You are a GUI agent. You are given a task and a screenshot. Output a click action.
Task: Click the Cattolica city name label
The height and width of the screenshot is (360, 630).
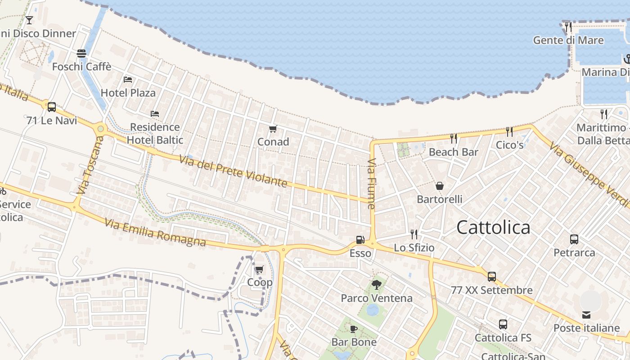click(x=493, y=227)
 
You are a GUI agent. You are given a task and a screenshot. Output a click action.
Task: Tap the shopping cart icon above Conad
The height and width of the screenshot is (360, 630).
click(x=273, y=129)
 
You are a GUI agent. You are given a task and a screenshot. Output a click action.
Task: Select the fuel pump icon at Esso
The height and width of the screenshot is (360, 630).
click(x=360, y=240)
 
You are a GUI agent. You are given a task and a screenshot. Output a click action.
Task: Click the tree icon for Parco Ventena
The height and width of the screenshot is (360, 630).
click(x=376, y=284)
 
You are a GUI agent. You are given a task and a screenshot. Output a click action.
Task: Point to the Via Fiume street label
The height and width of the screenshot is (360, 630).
click(x=371, y=184)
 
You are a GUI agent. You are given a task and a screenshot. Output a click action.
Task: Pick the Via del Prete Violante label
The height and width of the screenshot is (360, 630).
click(x=233, y=171)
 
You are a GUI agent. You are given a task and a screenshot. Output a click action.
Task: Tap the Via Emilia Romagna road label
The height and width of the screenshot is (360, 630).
click(x=155, y=233)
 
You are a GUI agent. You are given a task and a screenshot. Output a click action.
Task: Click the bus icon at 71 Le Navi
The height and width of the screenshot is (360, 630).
click(x=52, y=107)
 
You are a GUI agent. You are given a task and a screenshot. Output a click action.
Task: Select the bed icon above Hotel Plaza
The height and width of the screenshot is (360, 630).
click(x=128, y=80)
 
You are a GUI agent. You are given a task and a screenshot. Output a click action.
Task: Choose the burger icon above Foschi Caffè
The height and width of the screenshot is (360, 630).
click(x=81, y=54)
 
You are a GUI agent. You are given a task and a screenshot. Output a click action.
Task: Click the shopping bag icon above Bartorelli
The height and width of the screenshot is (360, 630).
click(x=439, y=186)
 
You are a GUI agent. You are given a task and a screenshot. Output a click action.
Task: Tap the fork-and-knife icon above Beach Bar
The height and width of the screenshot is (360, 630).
click(x=454, y=139)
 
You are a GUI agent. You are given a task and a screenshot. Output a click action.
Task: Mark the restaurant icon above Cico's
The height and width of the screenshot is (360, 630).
click(x=509, y=131)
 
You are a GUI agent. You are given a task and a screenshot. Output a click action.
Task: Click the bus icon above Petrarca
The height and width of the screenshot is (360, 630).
click(x=574, y=239)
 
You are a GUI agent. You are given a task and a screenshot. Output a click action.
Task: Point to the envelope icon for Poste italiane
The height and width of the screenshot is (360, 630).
click(x=586, y=315)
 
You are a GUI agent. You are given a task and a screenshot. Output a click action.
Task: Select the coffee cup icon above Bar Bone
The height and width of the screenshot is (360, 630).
click(x=354, y=329)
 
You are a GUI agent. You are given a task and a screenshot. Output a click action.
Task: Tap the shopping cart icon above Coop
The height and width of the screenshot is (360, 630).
click(x=259, y=270)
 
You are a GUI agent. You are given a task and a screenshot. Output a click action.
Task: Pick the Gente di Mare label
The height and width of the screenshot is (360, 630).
click(x=568, y=40)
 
